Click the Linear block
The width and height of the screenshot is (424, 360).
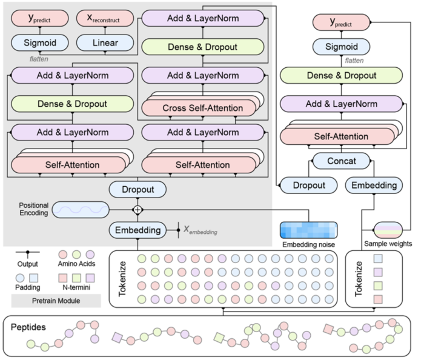[105, 43]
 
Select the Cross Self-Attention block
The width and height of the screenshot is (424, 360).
[199, 108]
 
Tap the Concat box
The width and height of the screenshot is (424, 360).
[341, 161]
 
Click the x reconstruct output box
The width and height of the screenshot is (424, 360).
[105, 18]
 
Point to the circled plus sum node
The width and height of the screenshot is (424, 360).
[137, 210]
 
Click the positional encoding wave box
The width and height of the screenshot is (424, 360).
[81, 210]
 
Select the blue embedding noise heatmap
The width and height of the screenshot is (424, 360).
[308, 230]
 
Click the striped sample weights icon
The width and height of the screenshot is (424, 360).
[388, 230]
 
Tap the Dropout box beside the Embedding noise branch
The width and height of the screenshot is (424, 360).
[309, 185]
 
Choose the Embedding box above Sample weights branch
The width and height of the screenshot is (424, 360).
[374, 185]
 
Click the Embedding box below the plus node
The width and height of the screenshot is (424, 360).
[137, 230]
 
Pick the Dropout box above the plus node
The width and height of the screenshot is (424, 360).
[137, 189]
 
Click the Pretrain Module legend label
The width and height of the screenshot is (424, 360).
[56, 301]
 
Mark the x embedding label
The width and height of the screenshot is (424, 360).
[200, 230]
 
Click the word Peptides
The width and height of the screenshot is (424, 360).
[28, 327]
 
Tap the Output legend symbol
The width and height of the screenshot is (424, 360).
[27, 253]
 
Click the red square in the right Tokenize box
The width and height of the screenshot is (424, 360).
[378, 299]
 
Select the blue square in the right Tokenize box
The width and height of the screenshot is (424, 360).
[378, 259]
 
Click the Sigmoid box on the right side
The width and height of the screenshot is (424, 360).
[341, 47]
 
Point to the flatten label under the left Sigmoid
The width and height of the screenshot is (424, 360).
[39, 59]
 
